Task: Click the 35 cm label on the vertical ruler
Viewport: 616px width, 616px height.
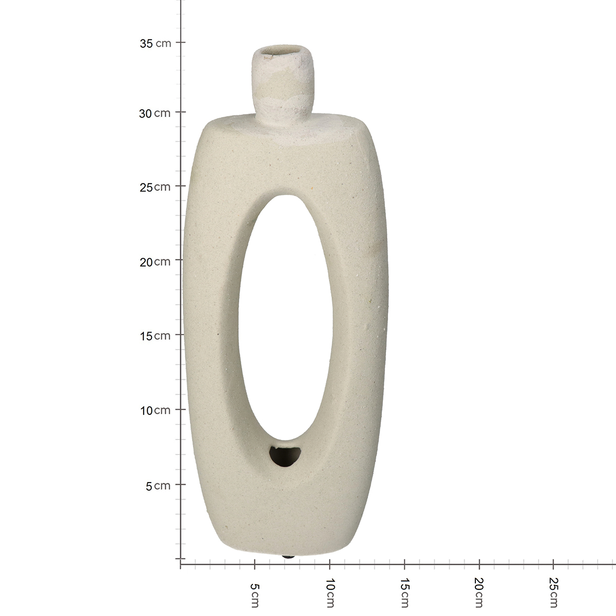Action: pos(156,43)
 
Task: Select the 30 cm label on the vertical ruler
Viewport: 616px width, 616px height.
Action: pos(155,113)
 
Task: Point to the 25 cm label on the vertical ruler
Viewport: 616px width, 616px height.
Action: pos(155,187)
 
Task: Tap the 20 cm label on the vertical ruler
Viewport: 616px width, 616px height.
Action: pos(155,262)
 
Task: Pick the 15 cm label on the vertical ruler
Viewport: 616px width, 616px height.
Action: pos(155,336)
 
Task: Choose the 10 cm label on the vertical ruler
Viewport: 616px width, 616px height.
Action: pos(156,411)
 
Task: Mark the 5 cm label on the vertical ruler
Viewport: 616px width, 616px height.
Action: pos(158,486)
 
